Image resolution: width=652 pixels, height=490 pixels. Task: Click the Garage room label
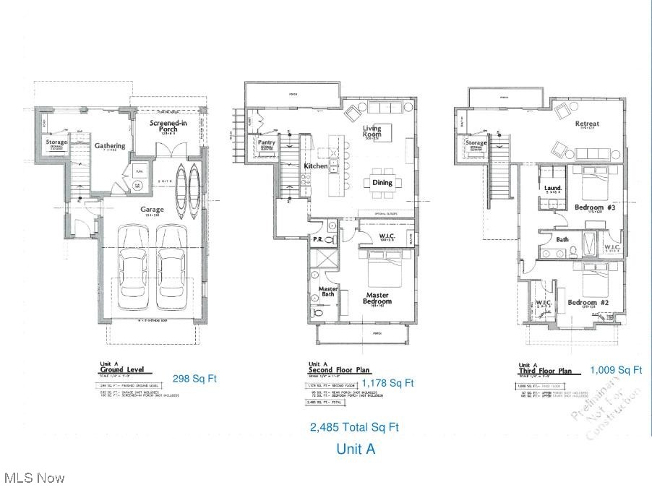[152, 210]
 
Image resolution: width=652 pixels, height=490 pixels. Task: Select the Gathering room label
[110, 146]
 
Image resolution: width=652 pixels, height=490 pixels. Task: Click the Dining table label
[382, 183]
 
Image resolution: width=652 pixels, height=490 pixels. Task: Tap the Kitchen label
[316, 166]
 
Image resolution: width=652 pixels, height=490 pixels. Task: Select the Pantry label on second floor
[267, 143]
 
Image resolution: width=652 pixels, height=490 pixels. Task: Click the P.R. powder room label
[318, 238]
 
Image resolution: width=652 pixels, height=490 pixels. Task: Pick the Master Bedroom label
[377, 298]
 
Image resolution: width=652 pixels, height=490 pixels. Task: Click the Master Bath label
[328, 292]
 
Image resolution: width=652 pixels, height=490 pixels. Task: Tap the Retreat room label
[587, 124]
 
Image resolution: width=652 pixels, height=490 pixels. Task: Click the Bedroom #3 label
[593, 207]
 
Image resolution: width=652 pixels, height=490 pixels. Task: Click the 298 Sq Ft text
[195, 378]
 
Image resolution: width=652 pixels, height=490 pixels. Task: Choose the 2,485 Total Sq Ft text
[354, 427]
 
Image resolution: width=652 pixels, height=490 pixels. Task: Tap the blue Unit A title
[356, 449]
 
